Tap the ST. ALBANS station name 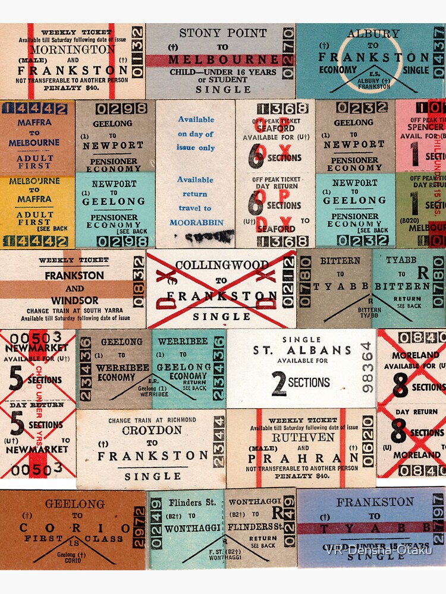click(301, 350)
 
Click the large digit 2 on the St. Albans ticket click(278, 383)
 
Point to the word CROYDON click(152, 430)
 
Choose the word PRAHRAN click(302, 459)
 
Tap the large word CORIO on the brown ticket click(73, 528)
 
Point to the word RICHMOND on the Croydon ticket click(177, 420)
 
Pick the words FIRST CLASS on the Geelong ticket click(73, 539)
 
